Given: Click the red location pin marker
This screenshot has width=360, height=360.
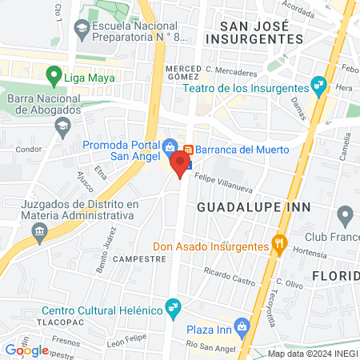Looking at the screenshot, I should pos(180,164).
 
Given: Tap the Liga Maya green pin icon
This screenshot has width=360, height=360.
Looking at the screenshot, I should pos(54,78).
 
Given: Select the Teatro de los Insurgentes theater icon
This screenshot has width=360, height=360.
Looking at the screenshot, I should pos(318,83).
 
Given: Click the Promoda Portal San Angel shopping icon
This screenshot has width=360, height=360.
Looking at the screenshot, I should pos(170,148).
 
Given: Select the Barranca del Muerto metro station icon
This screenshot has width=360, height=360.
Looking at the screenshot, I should pos(189,150).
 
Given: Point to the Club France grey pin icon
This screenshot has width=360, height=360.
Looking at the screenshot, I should pos(346,214).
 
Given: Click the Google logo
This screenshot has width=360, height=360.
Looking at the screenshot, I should pos(26,350).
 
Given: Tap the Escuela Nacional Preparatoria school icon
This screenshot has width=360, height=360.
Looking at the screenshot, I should pos(82,29).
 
